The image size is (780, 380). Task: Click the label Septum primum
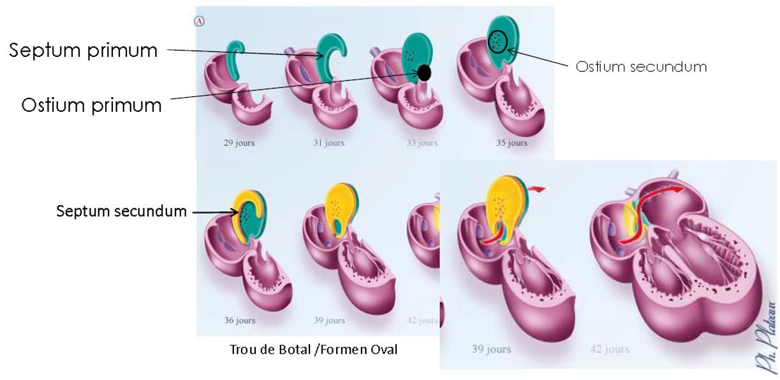coord(83,50)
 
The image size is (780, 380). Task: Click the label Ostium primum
coord(91,104)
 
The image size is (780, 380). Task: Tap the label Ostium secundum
coord(641,66)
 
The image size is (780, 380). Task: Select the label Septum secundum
coord(121,211)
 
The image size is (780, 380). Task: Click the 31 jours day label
coord(329,142)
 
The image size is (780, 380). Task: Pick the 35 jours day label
coord(511,142)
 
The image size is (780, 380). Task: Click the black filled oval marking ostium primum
coord(423,73)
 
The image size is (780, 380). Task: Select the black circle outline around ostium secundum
coord(497,42)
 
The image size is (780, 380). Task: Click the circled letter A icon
coord(200,20)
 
